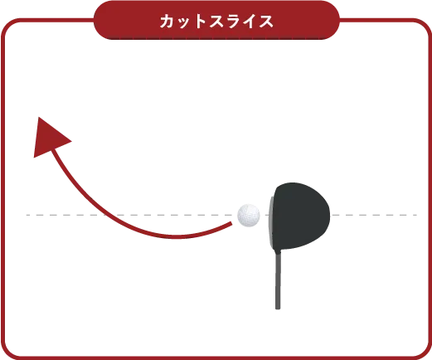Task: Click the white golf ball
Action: [249, 216]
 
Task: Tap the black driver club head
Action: [301, 216]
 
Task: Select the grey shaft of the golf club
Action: [278, 280]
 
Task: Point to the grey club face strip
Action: [271, 221]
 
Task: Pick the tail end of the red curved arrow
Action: [231, 223]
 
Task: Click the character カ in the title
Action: [167, 22]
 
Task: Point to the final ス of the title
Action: [265, 22]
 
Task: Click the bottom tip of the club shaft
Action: [278, 309]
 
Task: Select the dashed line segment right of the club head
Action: [375, 215]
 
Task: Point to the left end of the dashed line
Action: [27, 215]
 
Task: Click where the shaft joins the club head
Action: [279, 251]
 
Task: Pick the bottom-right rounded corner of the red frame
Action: [423, 351]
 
